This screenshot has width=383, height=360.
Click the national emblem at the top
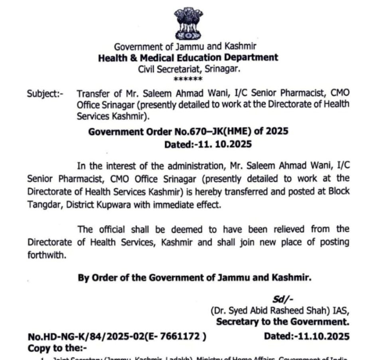tap(188, 23)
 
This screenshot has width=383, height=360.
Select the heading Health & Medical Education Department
tap(188, 57)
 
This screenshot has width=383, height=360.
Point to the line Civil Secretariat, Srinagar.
tap(189, 69)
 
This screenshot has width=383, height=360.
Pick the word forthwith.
tap(46, 255)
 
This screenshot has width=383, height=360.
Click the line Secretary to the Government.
tap(282, 322)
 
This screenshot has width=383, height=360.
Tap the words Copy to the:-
tap(57, 348)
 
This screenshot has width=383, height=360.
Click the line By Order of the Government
tap(194, 277)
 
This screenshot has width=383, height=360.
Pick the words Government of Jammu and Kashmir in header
tap(185, 47)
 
